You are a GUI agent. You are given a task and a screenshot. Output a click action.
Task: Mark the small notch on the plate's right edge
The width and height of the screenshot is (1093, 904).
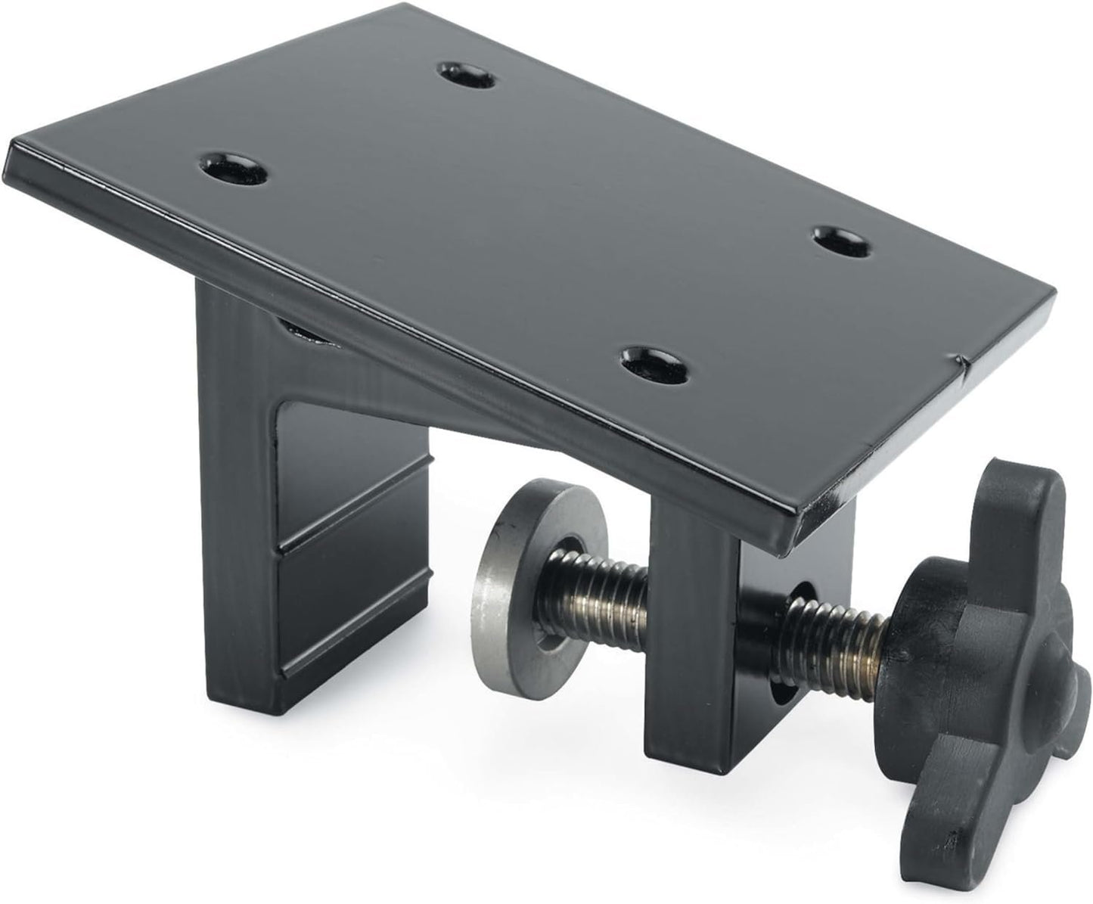pyautogui.click(x=959, y=362)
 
